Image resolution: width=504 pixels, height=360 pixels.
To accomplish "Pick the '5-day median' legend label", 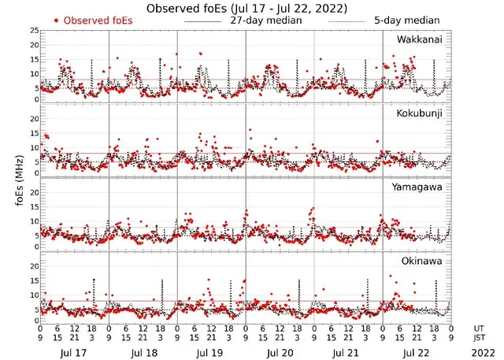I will [x=407, y=20].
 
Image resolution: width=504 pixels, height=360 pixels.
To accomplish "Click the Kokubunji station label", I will [x=420, y=113].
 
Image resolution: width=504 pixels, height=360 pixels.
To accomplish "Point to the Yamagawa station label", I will [x=420, y=187].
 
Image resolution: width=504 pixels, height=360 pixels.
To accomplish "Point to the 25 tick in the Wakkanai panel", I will [x=33, y=31].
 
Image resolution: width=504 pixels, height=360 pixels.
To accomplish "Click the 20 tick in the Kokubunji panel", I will [x=33, y=119].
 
